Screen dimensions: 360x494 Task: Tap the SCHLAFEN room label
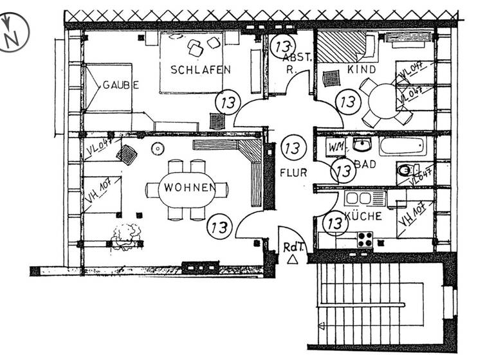[x=200, y=69]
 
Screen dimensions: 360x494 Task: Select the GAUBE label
[x=120, y=84]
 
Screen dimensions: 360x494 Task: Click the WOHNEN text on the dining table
[x=188, y=188]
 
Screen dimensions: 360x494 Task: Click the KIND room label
[x=361, y=68]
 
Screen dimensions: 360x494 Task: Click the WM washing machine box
[x=336, y=147]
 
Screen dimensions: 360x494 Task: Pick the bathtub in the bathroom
[x=402, y=146]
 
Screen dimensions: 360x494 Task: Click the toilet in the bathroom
[x=405, y=170]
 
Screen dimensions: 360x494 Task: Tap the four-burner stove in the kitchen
[x=365, y=239]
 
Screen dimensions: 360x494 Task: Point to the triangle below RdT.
[x=293, y=259]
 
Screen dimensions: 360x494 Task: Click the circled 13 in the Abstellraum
[x=282, y=46]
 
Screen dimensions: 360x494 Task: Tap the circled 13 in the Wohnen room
[x=219, y=226]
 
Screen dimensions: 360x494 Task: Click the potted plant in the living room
[x=126, y=235]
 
